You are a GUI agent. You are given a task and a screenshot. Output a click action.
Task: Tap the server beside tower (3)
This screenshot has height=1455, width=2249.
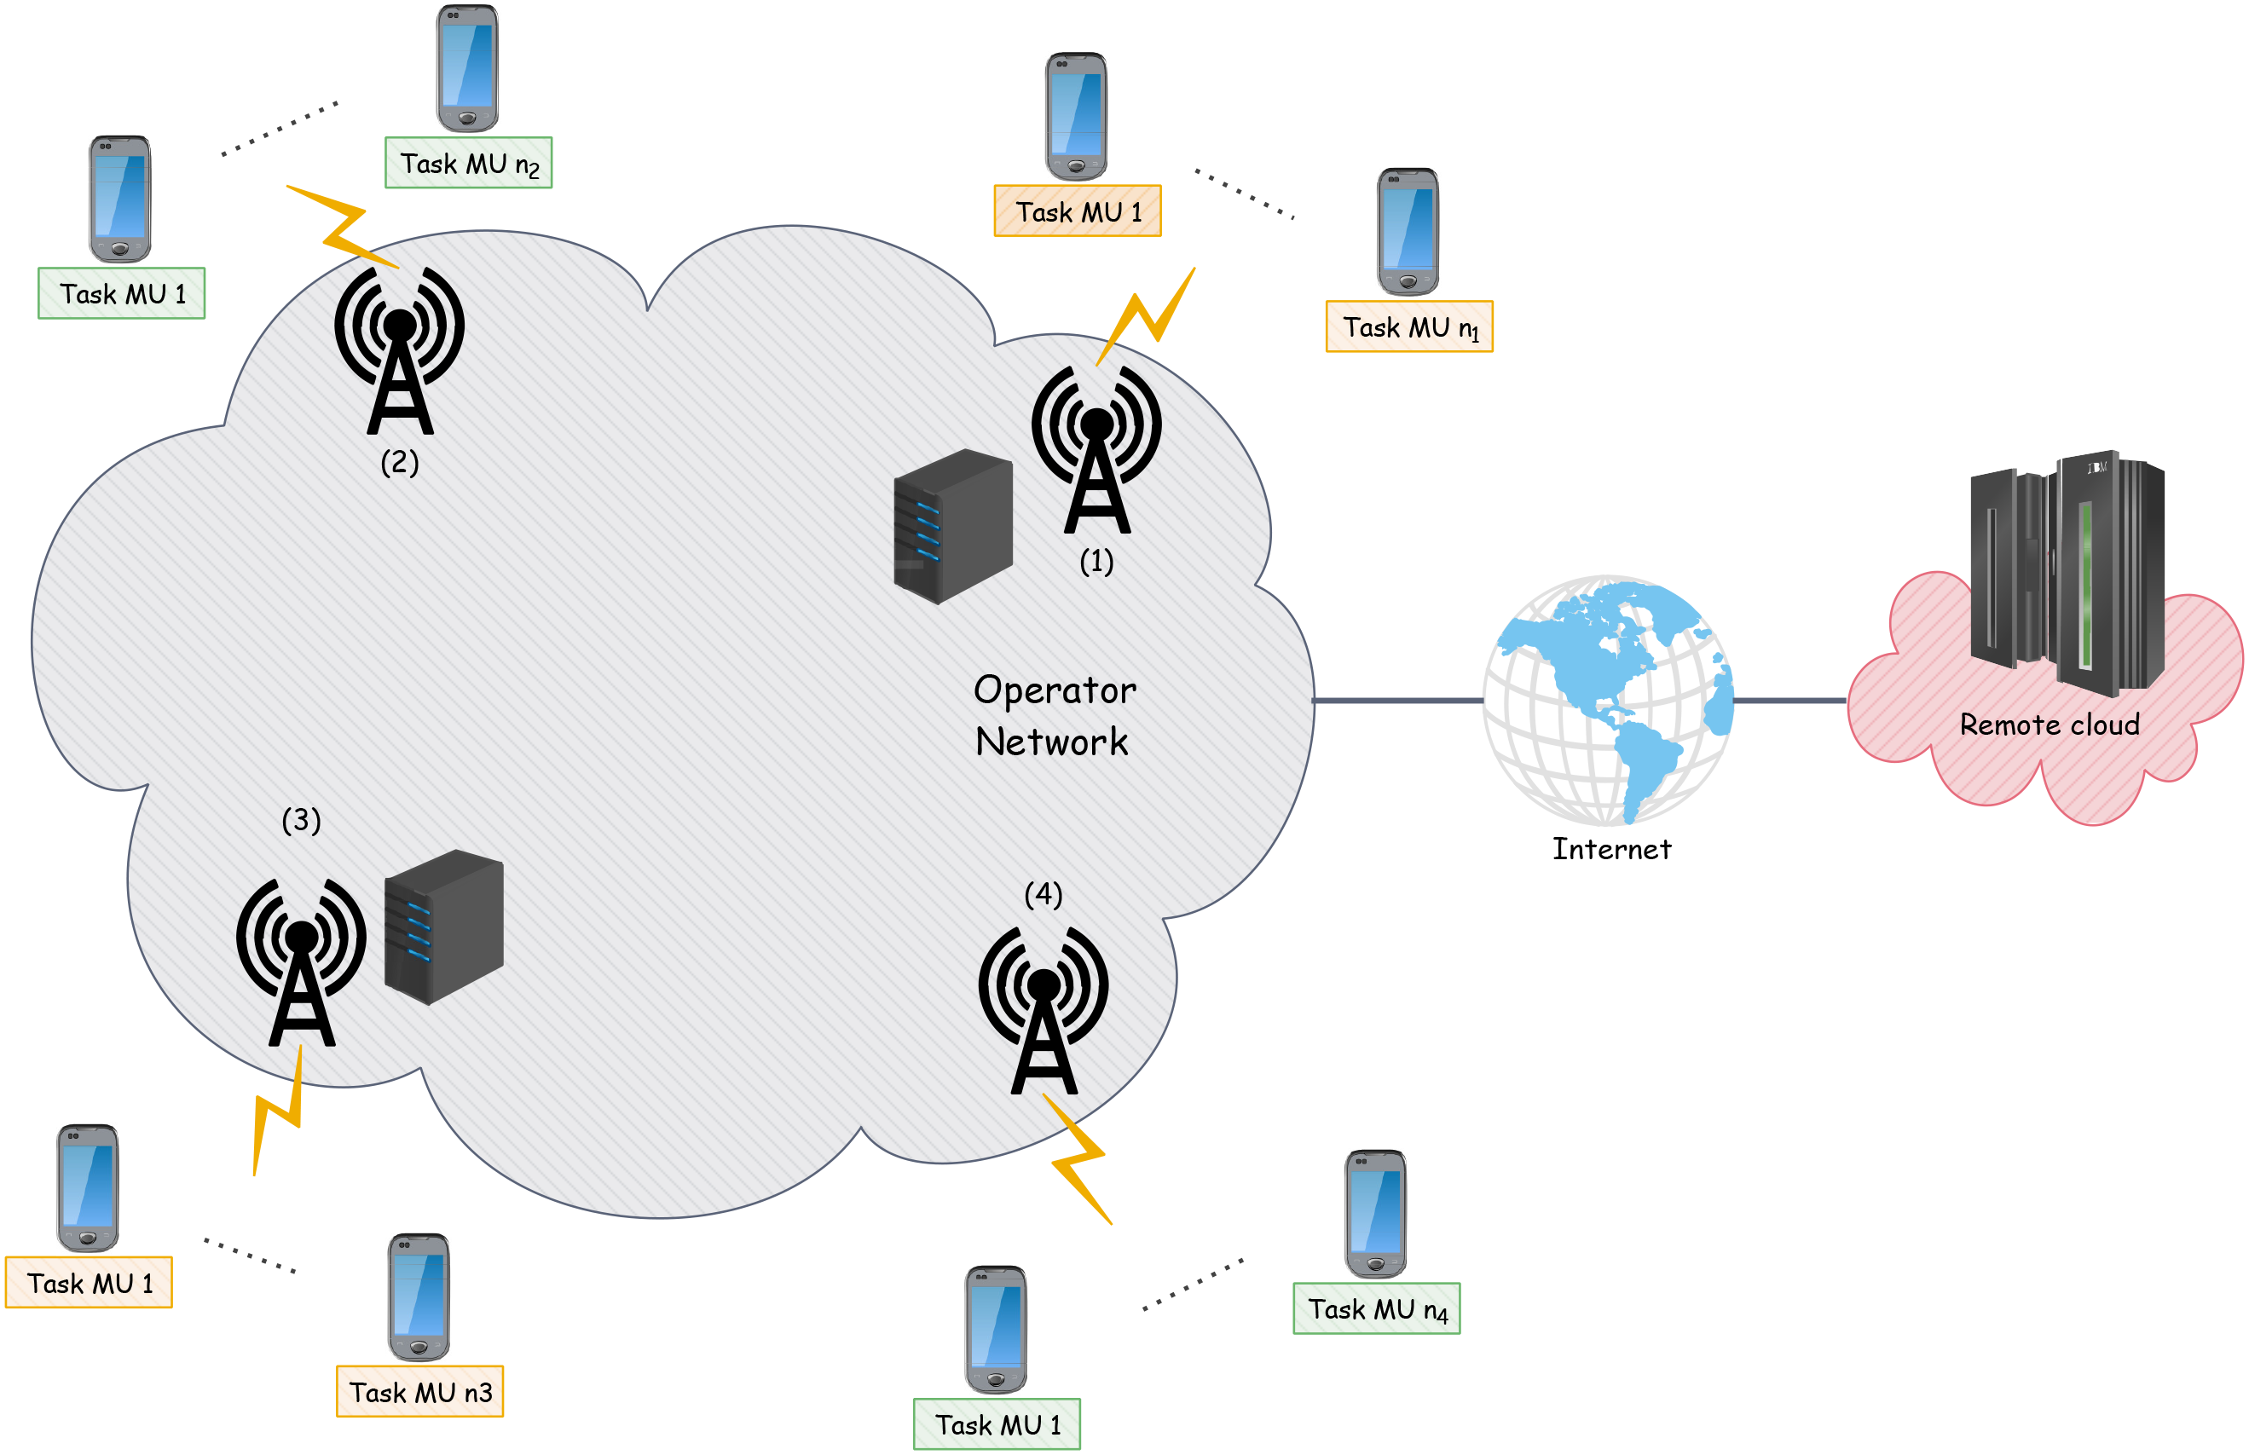click(x=443, y=926)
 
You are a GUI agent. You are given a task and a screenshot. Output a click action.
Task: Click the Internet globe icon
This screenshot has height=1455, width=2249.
click(x=1609, y=700)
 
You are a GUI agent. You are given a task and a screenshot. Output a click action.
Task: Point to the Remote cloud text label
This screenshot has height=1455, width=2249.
click(x=2049, y=725)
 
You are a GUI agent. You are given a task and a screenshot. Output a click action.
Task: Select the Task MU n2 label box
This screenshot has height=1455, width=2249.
click(x=469, y=164)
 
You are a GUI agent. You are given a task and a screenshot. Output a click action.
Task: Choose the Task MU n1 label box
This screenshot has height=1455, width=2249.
click(x=1409, y=327)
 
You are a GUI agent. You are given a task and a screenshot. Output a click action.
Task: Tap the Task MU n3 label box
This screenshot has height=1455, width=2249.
click(x=419, y=1392)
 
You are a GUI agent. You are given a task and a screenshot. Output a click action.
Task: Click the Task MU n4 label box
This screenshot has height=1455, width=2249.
click(x=1376, y=1308)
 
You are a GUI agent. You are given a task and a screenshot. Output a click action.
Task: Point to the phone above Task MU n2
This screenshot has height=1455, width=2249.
click(x=468, y=68)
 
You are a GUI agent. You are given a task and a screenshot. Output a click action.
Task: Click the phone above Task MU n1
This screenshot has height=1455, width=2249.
click(x=1408, y=232)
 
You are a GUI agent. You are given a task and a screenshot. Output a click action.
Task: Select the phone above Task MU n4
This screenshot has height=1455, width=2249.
click(x=1376, y=1213)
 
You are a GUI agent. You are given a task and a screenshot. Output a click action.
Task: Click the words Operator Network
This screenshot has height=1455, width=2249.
click(x=1054, y=715)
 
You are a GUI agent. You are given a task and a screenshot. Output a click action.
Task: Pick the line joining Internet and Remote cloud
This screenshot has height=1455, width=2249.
click(x=1789, y=701)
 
